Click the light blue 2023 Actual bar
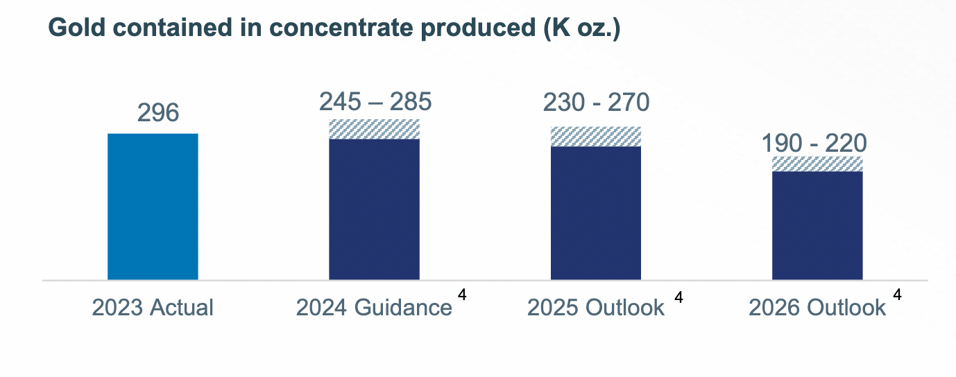tap(153, 207)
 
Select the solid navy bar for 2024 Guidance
tap(374, 209)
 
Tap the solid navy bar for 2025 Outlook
tap(595, 213)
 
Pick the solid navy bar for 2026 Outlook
tap(817, 225)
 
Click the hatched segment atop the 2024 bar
tap(374, 129)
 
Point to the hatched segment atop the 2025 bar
tap(595, 137)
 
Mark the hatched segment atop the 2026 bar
tap(817, 164)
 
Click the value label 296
tap(158, 113)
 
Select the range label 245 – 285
tap(375, 102)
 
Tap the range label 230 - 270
tap(597, 103)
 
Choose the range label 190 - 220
tap(814, 143)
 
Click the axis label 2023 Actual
tap(153, 307)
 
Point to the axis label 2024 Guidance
tap(374, 307)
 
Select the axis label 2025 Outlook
tap(595, 307)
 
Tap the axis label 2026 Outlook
tap(817, 307)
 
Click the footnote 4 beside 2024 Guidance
tap(462, 294)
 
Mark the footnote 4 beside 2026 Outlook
tap(897, 294)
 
